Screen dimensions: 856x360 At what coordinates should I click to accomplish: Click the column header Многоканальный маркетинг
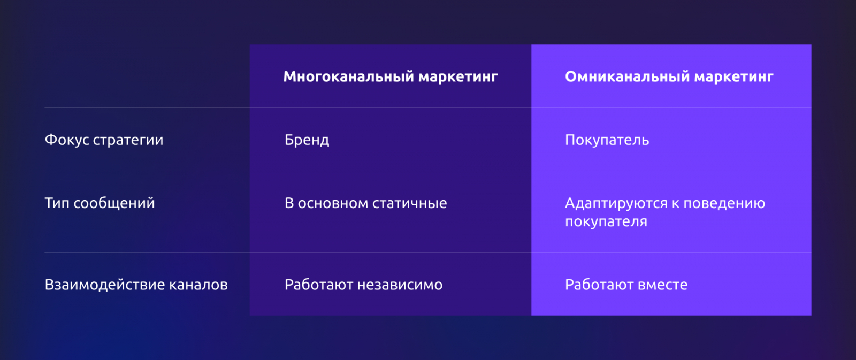point(390,77)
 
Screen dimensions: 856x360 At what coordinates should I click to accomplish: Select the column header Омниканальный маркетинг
point(669,77)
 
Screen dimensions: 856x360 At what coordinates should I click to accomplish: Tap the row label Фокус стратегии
point(104,140)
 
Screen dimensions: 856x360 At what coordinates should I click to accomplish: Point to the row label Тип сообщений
point(100,203)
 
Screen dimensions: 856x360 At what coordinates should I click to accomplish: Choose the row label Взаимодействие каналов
point(136,285)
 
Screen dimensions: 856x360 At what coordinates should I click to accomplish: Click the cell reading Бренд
point(307,140)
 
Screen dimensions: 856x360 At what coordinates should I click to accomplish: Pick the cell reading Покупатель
point(607,140)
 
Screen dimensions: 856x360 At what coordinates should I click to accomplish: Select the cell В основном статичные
point(366,203)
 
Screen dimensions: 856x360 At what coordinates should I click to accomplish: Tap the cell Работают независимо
point(364,285)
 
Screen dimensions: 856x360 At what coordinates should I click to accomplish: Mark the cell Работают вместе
point(626,285)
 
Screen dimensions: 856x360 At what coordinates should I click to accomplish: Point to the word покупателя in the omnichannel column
point(606,221)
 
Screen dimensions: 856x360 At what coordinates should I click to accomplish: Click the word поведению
point(724,203)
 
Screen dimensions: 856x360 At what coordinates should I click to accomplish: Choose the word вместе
point(657,285)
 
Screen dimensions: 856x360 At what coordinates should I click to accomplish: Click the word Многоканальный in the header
point(349,77)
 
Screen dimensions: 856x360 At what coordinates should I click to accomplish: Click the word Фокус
point(67,140)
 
